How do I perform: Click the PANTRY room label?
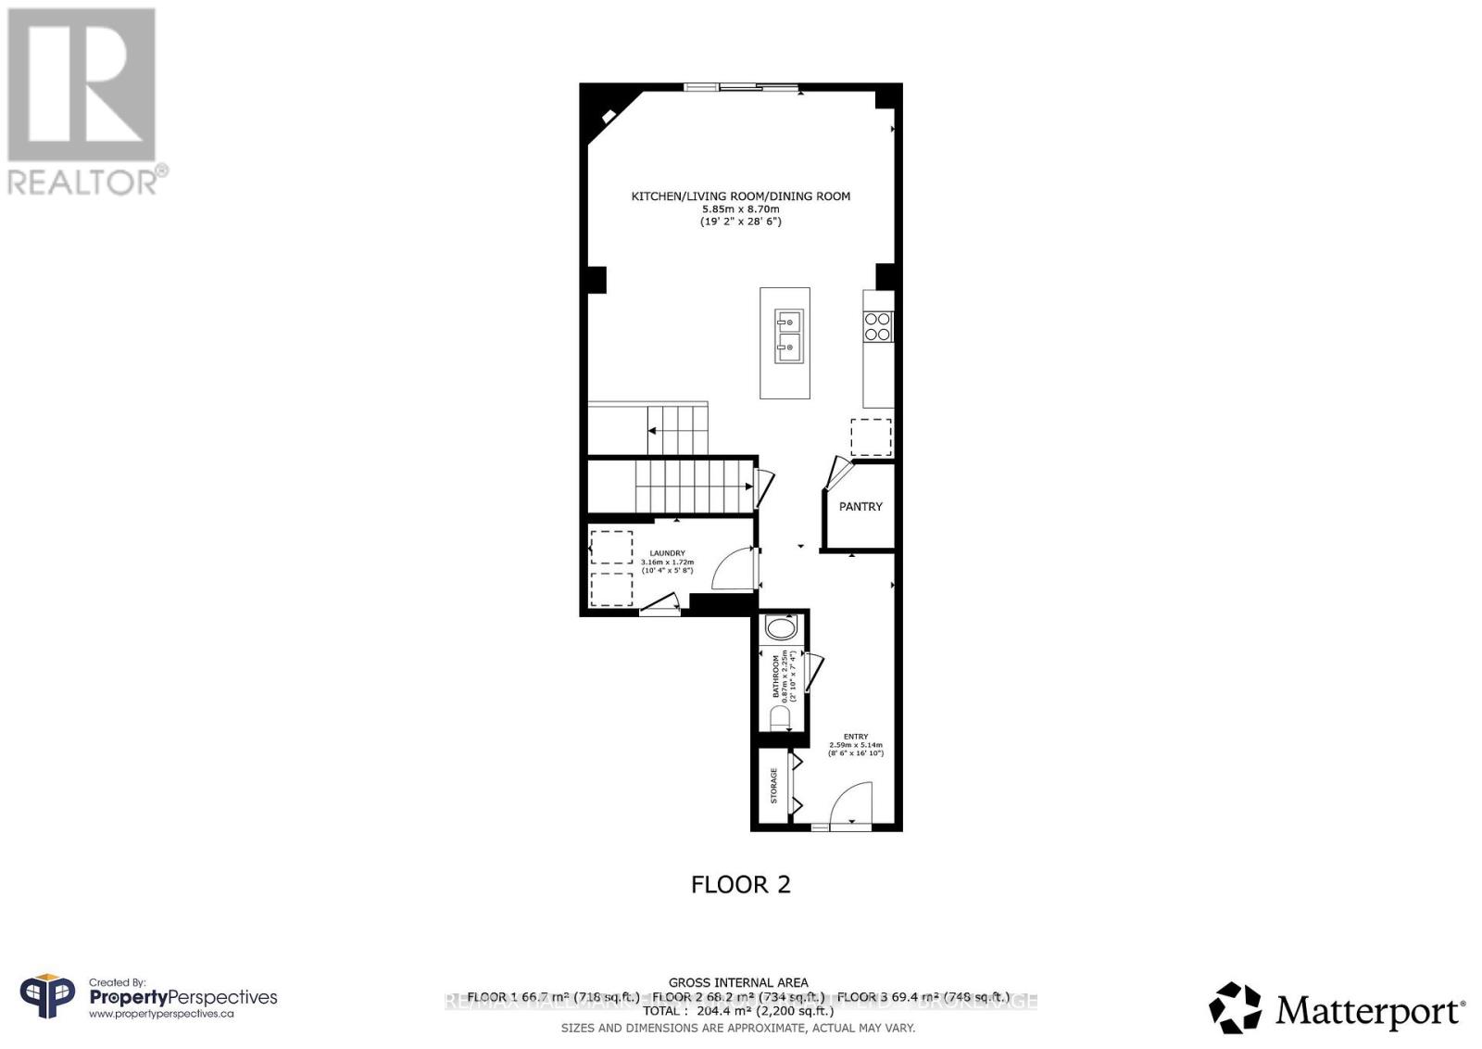[x=860, y=507]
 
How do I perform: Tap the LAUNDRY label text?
[x=667, y=553]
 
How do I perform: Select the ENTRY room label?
[x=856, y=737]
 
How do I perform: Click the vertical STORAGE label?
[x=774, y=785]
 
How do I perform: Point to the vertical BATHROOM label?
[x=776, y=677]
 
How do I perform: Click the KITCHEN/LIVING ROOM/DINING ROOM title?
[x=740, y=196]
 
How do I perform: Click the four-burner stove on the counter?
[x=878, y=326]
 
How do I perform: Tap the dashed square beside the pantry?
[x=871, y=437]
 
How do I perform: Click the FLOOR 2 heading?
[x=741, y=884]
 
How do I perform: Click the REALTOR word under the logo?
[x=83, y=182]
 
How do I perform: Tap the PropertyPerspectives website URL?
[x=161, y=1014]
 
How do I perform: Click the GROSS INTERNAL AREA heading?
[x=738, y=982]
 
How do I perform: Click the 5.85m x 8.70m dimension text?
[x=740, y=209]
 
